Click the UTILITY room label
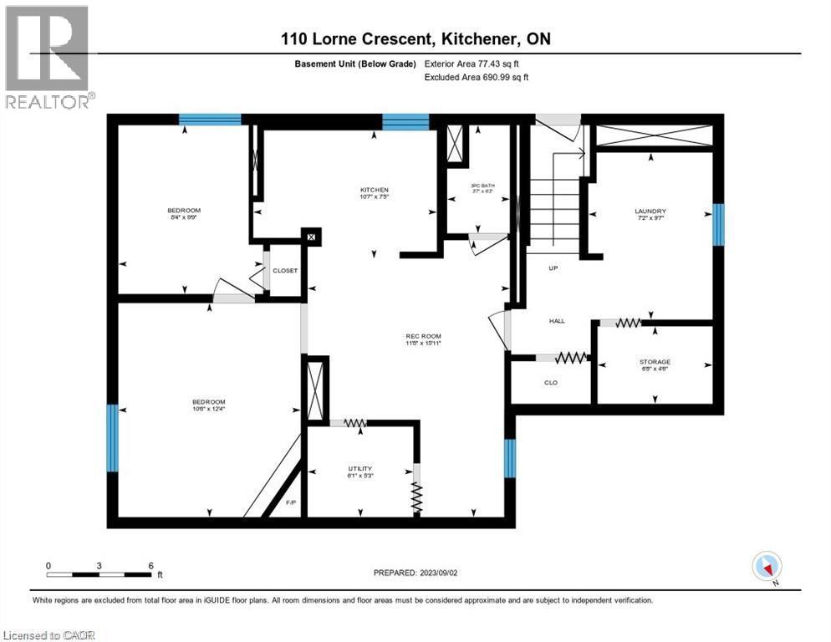(x=360, y=468)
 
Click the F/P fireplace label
(x=291, y=503)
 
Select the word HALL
(x=557, y=320)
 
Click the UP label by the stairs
(x=553, y=269)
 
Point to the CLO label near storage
(x=551, y=383)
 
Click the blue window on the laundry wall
(x=717, y=224)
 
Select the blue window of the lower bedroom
(x=112, y=437)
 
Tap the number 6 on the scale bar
(x=150, y=565)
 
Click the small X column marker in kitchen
(x=311, y=237)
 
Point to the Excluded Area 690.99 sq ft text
(x=477, y=77)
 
